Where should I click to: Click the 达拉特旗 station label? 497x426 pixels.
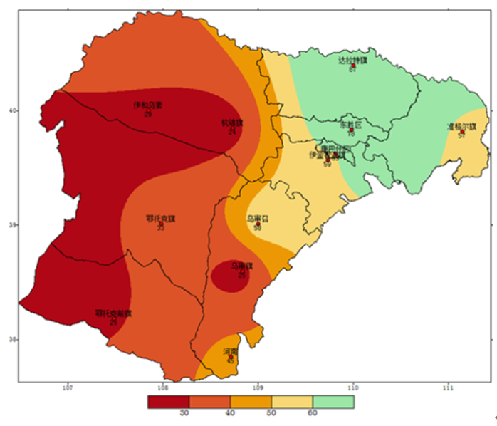click(352, 61)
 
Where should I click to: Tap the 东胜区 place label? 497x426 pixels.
click(350, 124)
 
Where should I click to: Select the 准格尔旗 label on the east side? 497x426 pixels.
click(461, 127)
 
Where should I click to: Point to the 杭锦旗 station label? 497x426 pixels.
click(232, 123)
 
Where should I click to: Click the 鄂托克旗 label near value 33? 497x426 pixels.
click(159, 219)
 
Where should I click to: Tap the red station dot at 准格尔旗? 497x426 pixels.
click(462, 132)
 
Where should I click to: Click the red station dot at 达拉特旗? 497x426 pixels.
click(352, 66)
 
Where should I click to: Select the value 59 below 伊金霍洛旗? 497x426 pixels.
click(327, 165)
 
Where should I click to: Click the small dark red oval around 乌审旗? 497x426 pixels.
click(231, 276)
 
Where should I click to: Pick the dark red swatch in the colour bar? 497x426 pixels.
click(167, 402)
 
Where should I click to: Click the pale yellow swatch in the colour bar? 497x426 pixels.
click(291, 402)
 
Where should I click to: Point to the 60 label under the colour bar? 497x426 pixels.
click(312, 413)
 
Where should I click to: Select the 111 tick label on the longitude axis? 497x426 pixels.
click(448, 388)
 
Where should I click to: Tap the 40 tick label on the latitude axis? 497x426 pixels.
click(11, 110)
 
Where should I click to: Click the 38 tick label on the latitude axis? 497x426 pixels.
click(11, 340)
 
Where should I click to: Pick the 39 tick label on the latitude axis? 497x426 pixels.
click(11, 225)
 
